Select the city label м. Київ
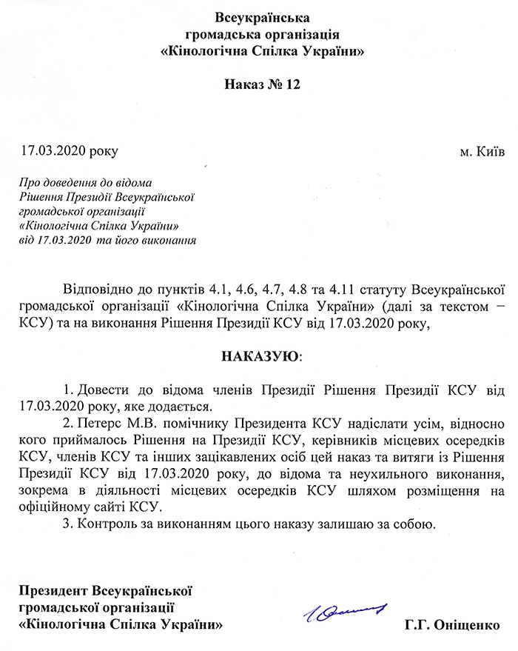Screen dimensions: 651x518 pyautogui.click(x=482, y=151)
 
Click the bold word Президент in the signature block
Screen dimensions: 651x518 pyautogui.click(x=53, y=591)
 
